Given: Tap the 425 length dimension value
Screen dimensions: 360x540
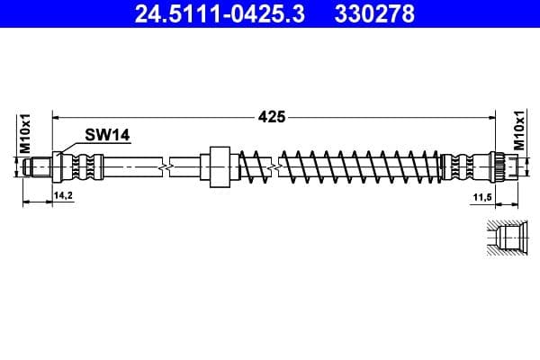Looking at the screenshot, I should (x=272, y=116).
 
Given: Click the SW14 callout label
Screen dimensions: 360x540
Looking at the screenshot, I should (x=107, y=135).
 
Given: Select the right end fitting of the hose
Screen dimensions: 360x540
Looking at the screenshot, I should (x=502, y=166).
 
